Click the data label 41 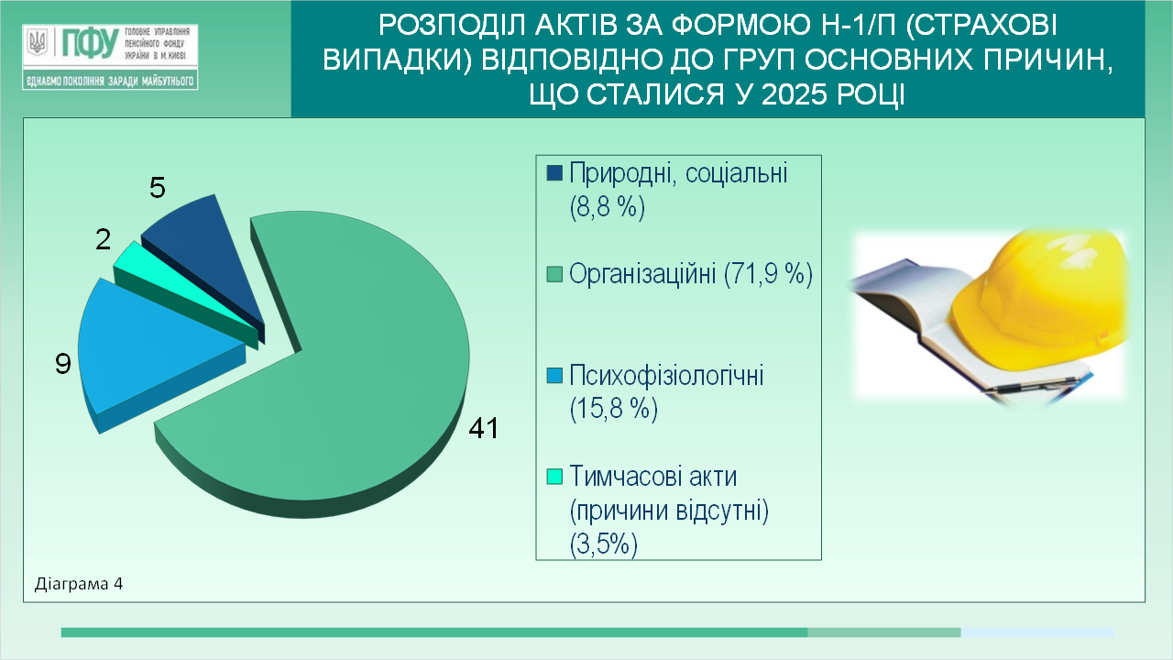coord(483,428)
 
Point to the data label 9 coord(63,364)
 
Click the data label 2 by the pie coord(104,239)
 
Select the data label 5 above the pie coord(157,188)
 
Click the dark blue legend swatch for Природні coord(554,173)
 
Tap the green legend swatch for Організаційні coord(554,274)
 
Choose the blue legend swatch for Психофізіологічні coord(554,375)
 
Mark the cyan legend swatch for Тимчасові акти coord(554,476)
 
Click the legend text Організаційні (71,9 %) coord(691,273)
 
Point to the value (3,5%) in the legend coord(603,544)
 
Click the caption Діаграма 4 coord(79,584)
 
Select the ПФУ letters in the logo coord(90,43)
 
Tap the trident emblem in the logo coord(38,42)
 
